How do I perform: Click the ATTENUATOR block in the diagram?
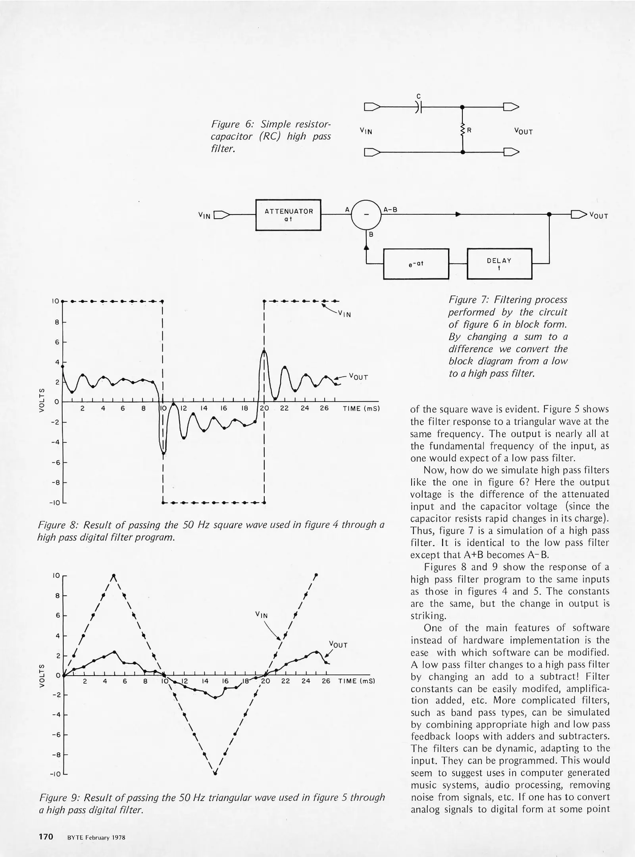(x=288, y=215)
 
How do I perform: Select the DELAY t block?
(x=499, y=264)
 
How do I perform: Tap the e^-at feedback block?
(x=416, y=264)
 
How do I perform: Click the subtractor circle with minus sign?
(x=366, y=215)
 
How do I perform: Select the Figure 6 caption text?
(x=271, y=136)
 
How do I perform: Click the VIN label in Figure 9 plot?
(x=262, y=615)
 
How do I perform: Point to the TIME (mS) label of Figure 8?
(x=361, y=408)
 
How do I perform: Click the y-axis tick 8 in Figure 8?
(x=57, y=322)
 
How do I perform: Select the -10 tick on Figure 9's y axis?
(x=55, y=774)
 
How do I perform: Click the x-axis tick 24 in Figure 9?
(x=306, y=681)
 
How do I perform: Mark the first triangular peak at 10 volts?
(x=114, y=575)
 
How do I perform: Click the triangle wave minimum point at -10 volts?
(x=215, y=773)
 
